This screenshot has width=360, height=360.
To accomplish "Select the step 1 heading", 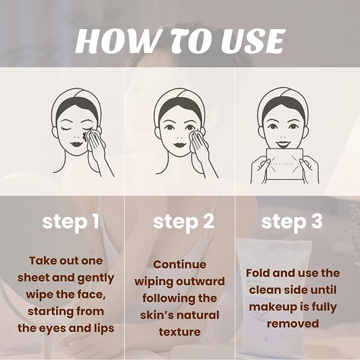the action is tap(71, 222).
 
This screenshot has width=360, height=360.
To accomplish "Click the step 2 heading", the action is tap(183, 222).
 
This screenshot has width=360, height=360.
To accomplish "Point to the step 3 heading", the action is tap(292, 222).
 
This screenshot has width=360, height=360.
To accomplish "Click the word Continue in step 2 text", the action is tap(180, 265).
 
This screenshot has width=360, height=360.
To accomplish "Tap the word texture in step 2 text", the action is tap(180, 332).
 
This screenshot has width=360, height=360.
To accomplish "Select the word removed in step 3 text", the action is tap(293, 323).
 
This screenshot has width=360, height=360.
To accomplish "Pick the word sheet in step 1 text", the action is tap(33, 278).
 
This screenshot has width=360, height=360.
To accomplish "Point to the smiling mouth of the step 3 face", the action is tap(283, 144).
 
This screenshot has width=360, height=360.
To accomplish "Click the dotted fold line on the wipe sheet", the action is tap(285, 164).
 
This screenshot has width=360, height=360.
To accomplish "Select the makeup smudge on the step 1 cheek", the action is tap(85, 136).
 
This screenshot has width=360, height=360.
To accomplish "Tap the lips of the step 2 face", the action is tap(180, 145).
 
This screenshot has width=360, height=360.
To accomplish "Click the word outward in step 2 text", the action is tap(203, 282).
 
